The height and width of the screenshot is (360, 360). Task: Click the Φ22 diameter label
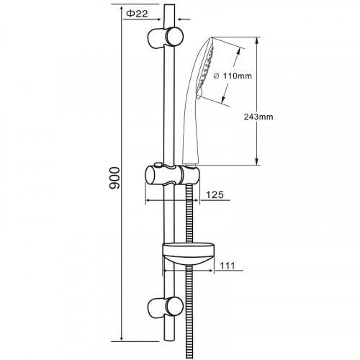click(137, 14)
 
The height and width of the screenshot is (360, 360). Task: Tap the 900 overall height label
click(114, 178)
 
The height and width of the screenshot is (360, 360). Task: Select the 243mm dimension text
click(258, 117)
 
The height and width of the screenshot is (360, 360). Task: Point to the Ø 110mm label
click(233, 76)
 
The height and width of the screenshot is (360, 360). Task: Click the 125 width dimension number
click(215, 194)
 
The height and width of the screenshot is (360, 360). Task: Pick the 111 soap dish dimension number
click(228, 266)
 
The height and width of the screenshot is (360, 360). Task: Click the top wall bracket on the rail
click(165, 37)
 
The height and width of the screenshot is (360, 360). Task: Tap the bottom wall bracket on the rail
click(165, 307)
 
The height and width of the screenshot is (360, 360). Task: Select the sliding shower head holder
click(172, 174)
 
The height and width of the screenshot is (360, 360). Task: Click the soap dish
click(188, 254)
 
